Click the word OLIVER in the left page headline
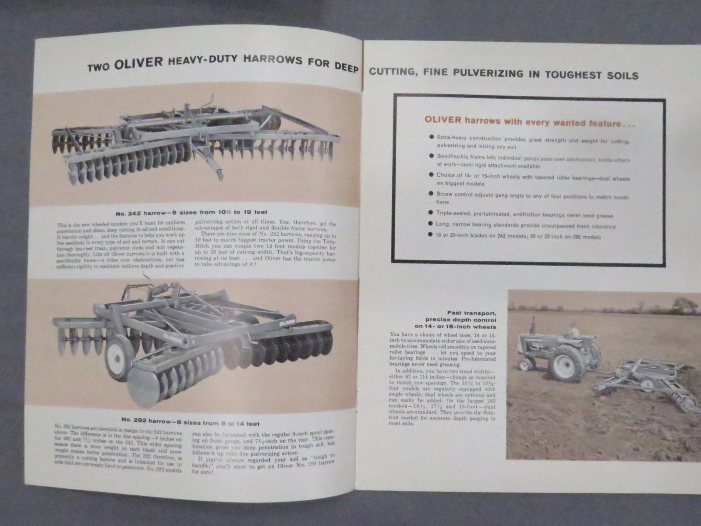[x=138, y=64]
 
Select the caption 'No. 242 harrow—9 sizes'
[x=191, y=213]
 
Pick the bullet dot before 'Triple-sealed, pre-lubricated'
[x=431, y=213]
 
